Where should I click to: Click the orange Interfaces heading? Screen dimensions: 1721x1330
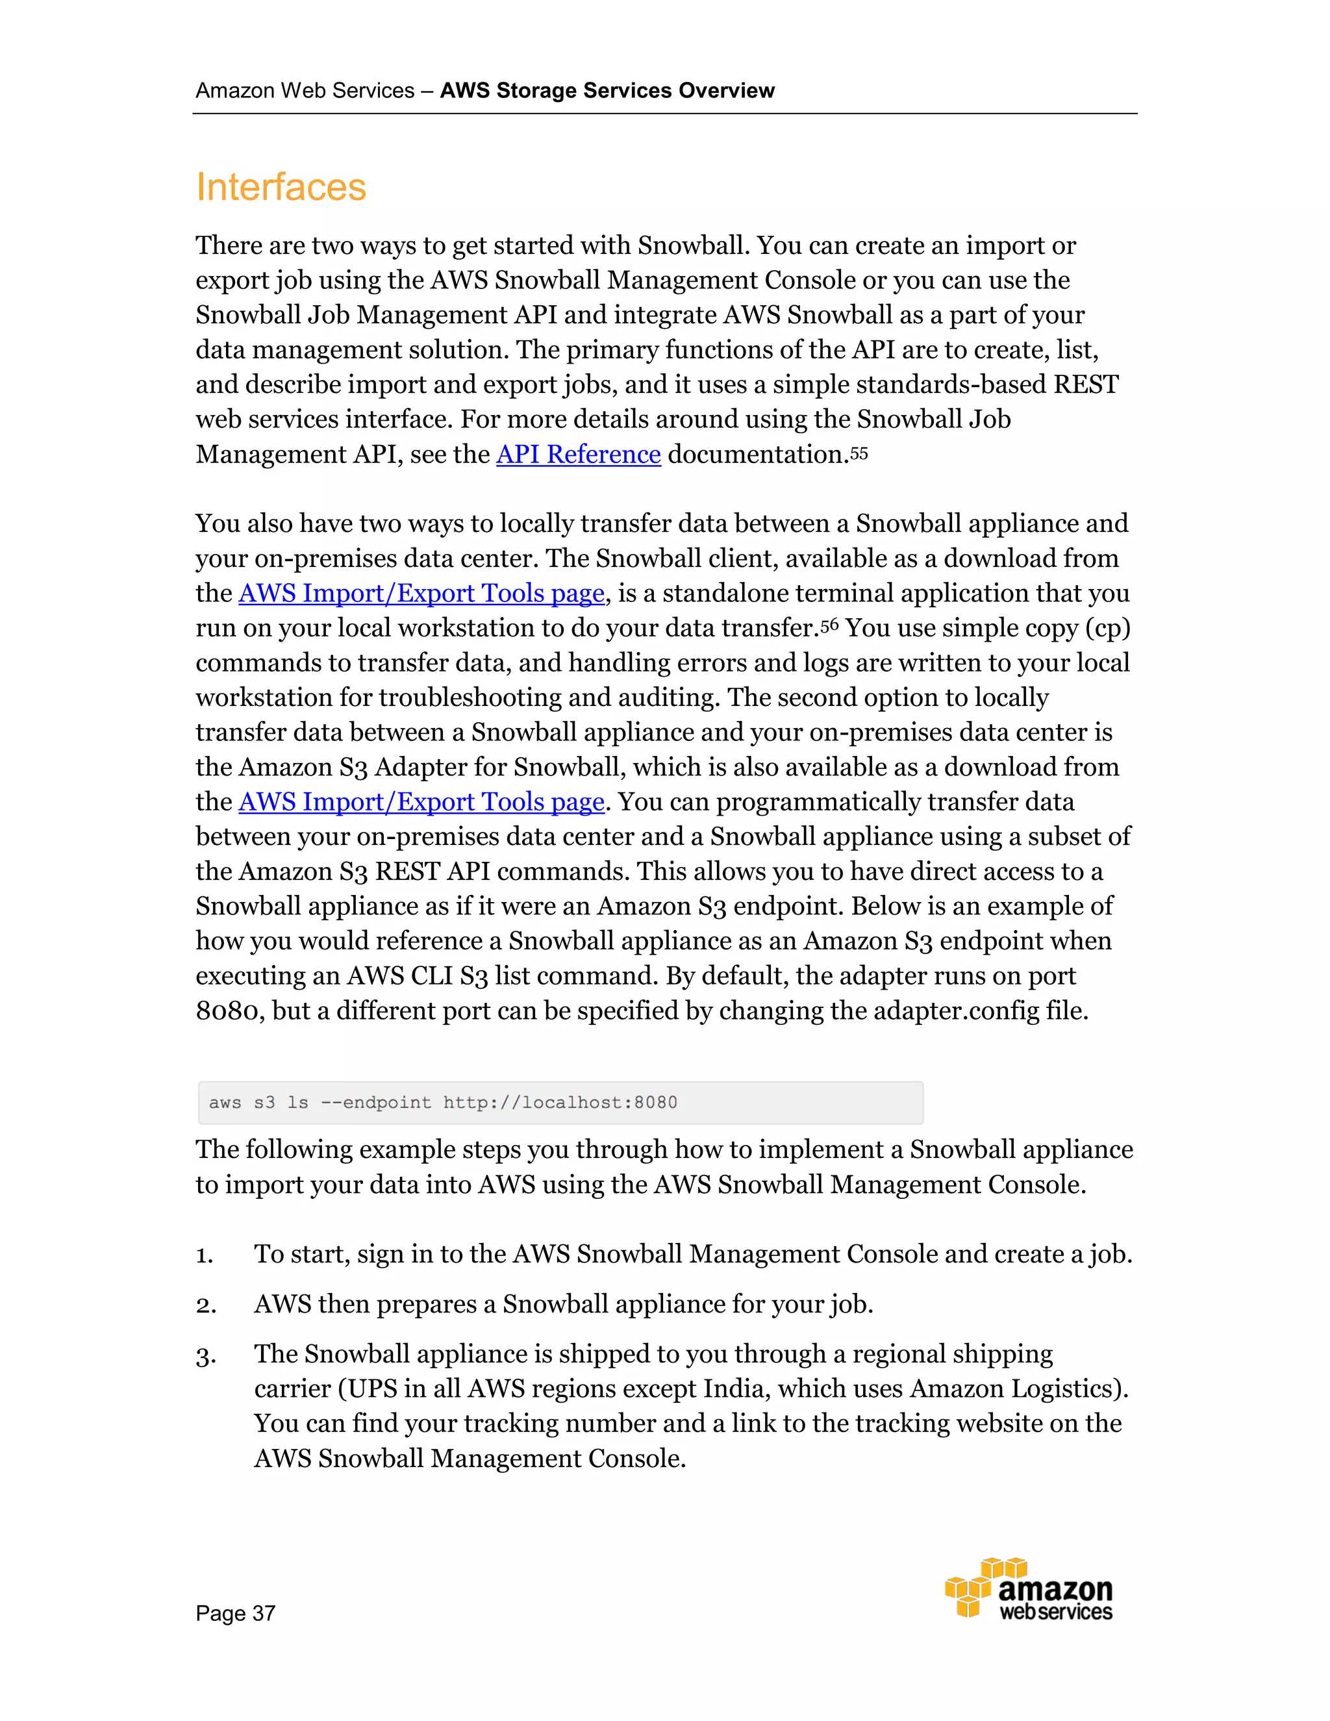(281, 188)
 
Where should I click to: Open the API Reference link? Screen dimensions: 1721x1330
(579, 455)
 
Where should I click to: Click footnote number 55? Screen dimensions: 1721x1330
(859, 453)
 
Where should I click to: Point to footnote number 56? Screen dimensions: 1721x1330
(830, 625)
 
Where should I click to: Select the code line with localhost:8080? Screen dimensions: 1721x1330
(443, 1103)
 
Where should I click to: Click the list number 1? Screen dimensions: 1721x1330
(205, 1255)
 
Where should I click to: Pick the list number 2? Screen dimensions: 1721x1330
(206, 1305)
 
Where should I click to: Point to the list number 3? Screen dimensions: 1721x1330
(206, 1355)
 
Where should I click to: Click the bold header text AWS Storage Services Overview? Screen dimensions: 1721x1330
(607, 91)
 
